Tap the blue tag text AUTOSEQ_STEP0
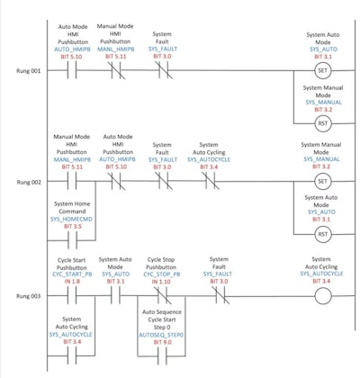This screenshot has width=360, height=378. tap(162, 333)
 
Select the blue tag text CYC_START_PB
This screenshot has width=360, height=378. tap(73, 274)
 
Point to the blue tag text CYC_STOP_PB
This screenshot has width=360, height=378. tap(162, 274)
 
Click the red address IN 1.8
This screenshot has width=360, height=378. tap(73, 281)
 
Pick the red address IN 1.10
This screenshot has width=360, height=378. tap(162, 281)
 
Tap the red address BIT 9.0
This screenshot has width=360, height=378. tap(162, 341)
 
